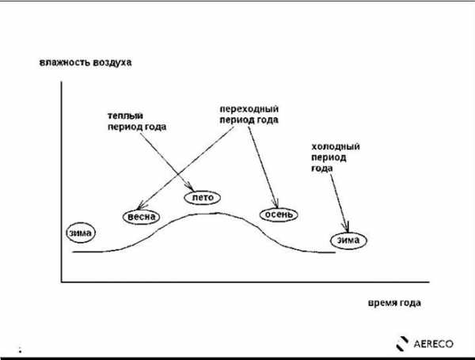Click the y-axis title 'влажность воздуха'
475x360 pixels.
coord(85,63)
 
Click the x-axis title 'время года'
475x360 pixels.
coord(394,303)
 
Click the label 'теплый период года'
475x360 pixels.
coord(137,121)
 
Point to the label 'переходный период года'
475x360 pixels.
coord(249,115)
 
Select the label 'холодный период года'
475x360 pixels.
coord(336,157)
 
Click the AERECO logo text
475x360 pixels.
coord(434,343)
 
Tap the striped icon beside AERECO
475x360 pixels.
coord(402,343)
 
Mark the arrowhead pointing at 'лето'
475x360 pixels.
coord(191,187)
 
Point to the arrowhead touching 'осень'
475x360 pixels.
coord(275,203)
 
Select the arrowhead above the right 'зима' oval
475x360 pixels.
coord(347,228)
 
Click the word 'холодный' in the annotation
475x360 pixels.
coord(336,147)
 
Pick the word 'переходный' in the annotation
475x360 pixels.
coord(249,109)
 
